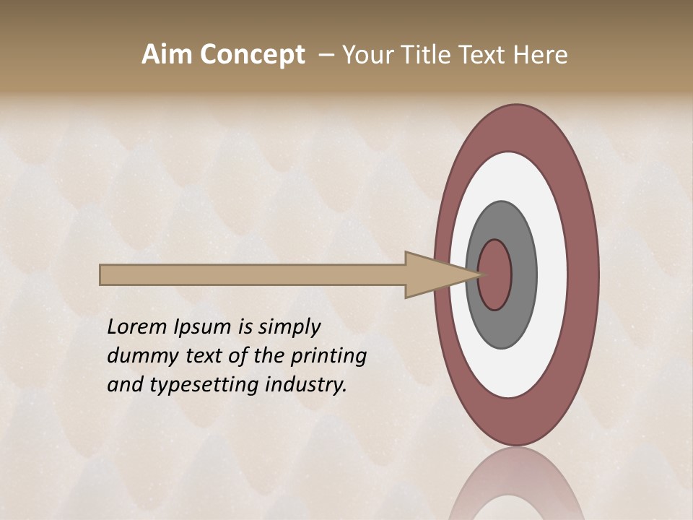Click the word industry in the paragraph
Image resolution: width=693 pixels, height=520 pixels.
pos(306,385)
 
